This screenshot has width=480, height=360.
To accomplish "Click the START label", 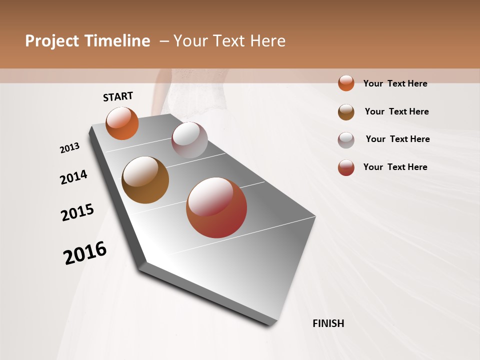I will pyautogui.click(x=118, y=96).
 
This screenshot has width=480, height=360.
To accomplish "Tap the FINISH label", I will pyautogui.click(x=328, y=323).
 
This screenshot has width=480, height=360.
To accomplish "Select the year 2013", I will pyautogui.click(x=69, y=148).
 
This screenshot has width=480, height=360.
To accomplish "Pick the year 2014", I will pyautogui.click(x=73, y=177).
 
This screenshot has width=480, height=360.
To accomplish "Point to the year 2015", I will pyautogui.click(x=77, y=212).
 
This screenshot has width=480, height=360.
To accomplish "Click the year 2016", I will pyautogui.click(x=85, y=253).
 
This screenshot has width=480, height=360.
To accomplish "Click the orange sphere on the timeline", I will pyautogui.click(x=122, y=123).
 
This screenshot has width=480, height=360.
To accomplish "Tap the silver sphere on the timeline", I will pyautogui.click(x=189, y=140).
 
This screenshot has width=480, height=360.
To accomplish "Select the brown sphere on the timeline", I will pyautogui.click(x=145, y=180).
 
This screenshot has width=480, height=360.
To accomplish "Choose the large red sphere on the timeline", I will pyautogui.click(x=216, y=207).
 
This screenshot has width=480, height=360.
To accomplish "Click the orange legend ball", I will pyautogui.click(x=346, y=83).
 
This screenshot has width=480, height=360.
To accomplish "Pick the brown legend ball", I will pyautogui.click(x=346, y=112).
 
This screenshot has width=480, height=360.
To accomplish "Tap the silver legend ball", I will pyautogui.click(x=346, y=140).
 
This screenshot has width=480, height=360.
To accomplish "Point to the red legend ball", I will pyautogui.click(x=346, y=167).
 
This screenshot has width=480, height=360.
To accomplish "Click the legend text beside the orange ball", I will pyautogui.click(x=395, y=83).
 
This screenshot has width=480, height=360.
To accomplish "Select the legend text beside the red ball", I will pyautogui.click(x=395, y=167).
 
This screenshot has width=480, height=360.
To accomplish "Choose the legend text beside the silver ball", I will pyautogui.click(x=397, y=139).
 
